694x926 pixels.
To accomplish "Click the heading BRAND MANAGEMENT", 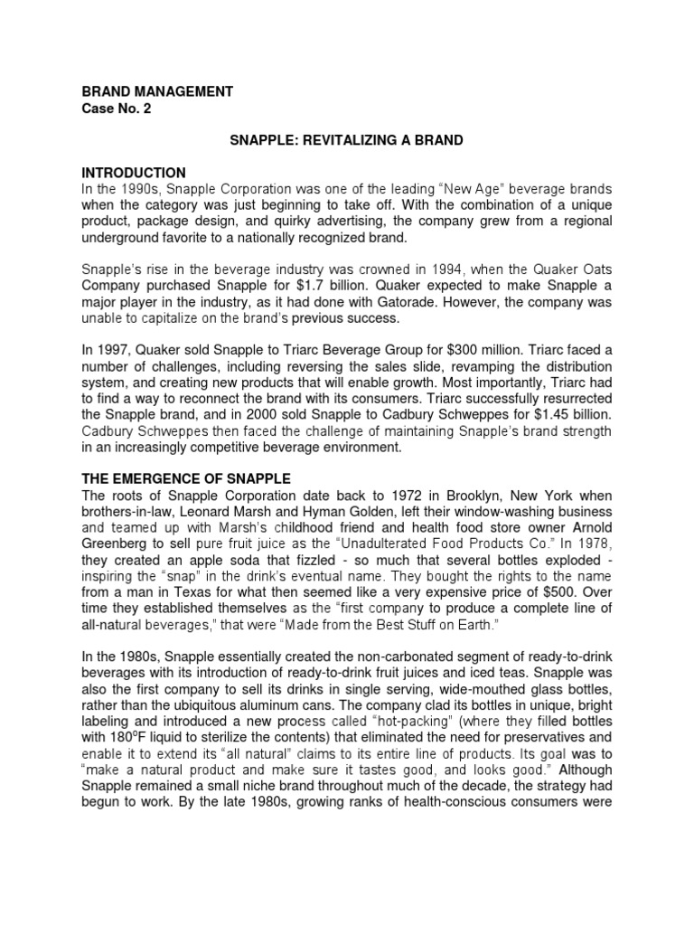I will pyautogui.click(x=157, y=91).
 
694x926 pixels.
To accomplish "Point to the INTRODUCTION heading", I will pyautogui.click(x=134, y=173).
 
